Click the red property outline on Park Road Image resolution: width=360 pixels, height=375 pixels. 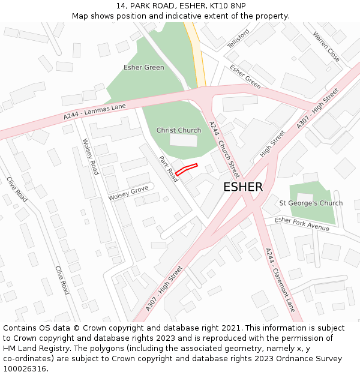(186, 170)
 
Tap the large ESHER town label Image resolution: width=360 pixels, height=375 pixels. (243, 187)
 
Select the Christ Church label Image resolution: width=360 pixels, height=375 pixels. (179, 130)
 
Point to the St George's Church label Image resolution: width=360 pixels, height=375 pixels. (311, 203)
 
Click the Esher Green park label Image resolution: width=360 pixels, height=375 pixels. (144, 67)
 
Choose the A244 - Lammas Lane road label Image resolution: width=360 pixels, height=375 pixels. (95, 112)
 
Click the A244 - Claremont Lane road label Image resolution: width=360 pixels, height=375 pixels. (280, 280)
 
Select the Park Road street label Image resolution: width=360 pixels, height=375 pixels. (169, 169)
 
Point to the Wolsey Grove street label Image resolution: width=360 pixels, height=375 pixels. (128, 193)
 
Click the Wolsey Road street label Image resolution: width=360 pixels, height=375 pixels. (90, 157)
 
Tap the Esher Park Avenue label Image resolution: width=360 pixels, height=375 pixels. (302, 224)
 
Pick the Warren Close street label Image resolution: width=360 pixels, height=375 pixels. (326, 47)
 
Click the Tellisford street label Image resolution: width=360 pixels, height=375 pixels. (238, 39)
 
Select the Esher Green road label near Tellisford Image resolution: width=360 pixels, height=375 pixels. (245, 77)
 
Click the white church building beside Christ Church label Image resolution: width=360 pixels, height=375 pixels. (183, 140)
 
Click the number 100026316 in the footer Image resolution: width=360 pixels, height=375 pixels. (24, 369)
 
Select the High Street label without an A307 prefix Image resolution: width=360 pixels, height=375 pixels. (272, 144)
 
